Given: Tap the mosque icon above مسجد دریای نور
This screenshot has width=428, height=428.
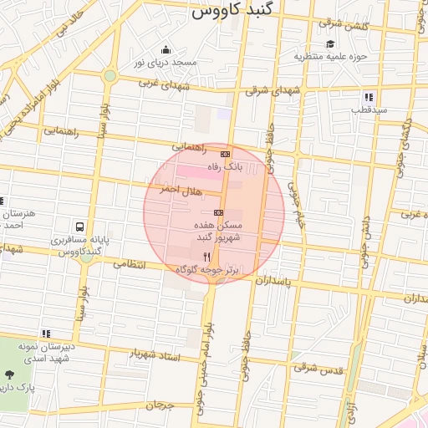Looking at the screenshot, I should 166,49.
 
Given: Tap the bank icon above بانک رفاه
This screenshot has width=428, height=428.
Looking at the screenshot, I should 224,155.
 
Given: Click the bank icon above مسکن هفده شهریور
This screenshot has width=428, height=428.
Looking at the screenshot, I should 218,213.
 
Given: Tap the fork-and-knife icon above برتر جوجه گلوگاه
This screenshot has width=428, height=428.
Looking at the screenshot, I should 206,257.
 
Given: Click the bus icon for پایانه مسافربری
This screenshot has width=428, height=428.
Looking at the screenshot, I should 79,227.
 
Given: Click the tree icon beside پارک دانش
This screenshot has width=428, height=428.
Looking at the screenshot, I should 10,374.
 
